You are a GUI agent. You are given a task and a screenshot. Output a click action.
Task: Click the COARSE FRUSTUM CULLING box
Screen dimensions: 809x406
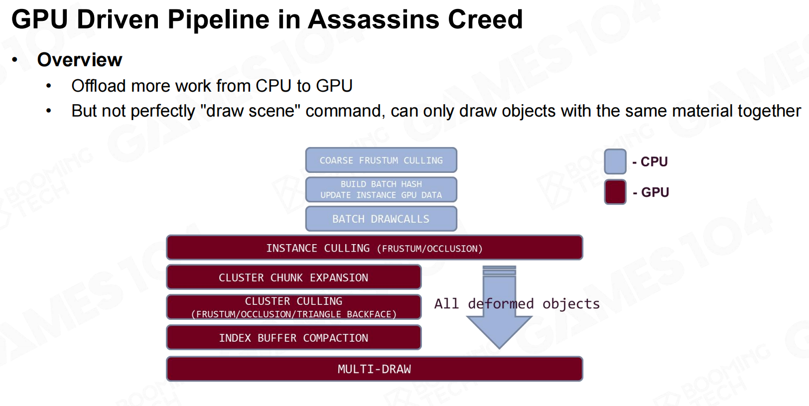tap(381, 160)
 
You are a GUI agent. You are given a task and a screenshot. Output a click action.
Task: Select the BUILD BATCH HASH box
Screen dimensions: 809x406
tap(381, 189)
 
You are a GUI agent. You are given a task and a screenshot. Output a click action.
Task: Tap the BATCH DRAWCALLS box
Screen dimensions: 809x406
tap(381, 219)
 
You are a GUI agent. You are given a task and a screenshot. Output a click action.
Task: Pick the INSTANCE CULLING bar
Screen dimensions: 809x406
tap(375, 248)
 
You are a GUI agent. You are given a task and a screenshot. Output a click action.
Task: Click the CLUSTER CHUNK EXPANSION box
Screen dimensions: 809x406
tap(293, 277)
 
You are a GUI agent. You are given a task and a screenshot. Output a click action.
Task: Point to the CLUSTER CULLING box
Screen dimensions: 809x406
tap(293, 307)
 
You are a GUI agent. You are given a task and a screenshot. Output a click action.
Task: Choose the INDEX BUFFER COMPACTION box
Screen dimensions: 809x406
tap(293, 337)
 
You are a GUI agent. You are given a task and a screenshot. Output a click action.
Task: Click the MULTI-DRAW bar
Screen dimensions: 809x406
tap(375, 369)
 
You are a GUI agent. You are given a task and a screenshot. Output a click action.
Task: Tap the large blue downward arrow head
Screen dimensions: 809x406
tap(499, 330)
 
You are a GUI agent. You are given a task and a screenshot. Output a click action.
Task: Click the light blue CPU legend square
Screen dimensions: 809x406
tap(615, 161)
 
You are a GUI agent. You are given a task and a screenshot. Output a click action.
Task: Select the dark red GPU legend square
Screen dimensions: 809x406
tap(615, 192)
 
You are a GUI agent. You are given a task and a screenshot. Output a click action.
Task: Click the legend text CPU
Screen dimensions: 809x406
tap(654, 162)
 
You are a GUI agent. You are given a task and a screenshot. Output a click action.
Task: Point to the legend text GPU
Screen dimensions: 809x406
tap(655, 192)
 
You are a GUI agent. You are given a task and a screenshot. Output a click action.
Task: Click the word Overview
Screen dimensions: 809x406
tap(80, 60)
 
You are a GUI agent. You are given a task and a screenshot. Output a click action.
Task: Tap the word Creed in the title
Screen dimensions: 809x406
tap(485, 19)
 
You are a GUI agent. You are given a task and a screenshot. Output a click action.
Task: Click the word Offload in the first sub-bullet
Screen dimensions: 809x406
tap(99, 86)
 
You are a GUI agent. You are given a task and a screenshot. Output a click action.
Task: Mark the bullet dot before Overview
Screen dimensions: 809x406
tap(14, 60)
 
